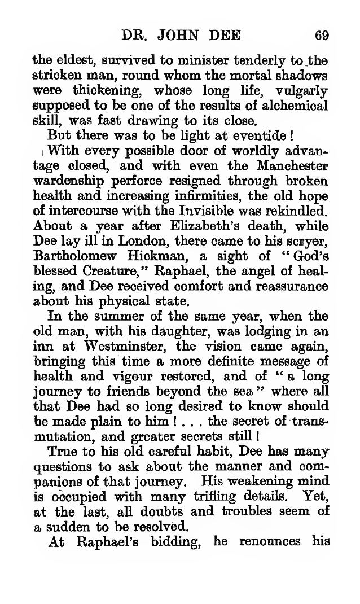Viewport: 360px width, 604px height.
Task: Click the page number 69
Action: [322, 36]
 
